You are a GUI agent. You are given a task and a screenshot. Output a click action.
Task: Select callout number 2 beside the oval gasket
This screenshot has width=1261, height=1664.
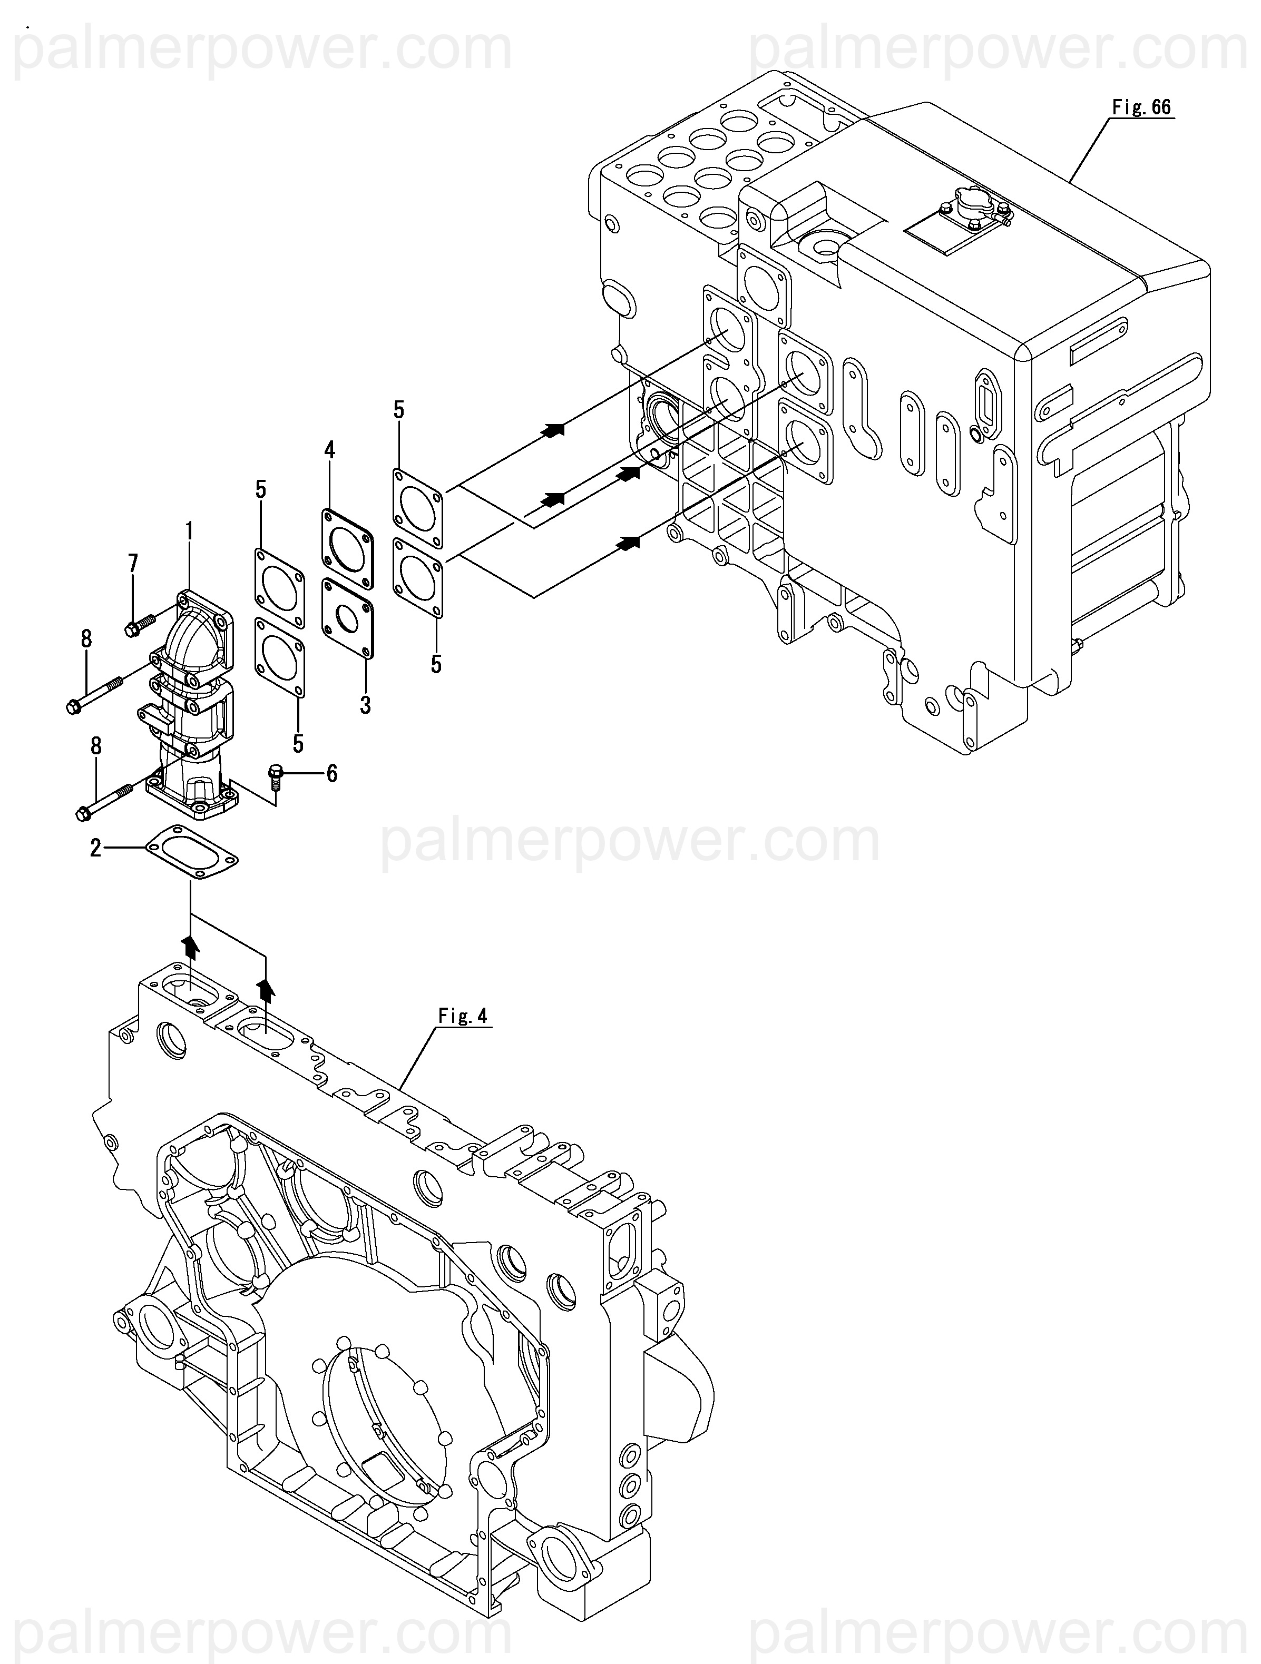[x=95, y=849]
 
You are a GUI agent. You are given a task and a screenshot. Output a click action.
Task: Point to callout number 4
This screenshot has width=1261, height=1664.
[x=329, y=450]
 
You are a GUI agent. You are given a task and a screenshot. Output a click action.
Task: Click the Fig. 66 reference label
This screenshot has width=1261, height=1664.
[x=1141, y=107]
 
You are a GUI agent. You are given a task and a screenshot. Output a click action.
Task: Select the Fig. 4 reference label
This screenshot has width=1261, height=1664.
[x=463, y=1016]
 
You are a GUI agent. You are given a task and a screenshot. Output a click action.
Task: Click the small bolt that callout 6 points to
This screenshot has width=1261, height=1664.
[x=276, y=775]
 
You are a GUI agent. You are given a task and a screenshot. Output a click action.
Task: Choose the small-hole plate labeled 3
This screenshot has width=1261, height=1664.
[x=348, y=618]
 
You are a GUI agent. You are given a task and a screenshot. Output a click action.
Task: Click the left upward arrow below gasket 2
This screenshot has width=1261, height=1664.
[x=191, y=947]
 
